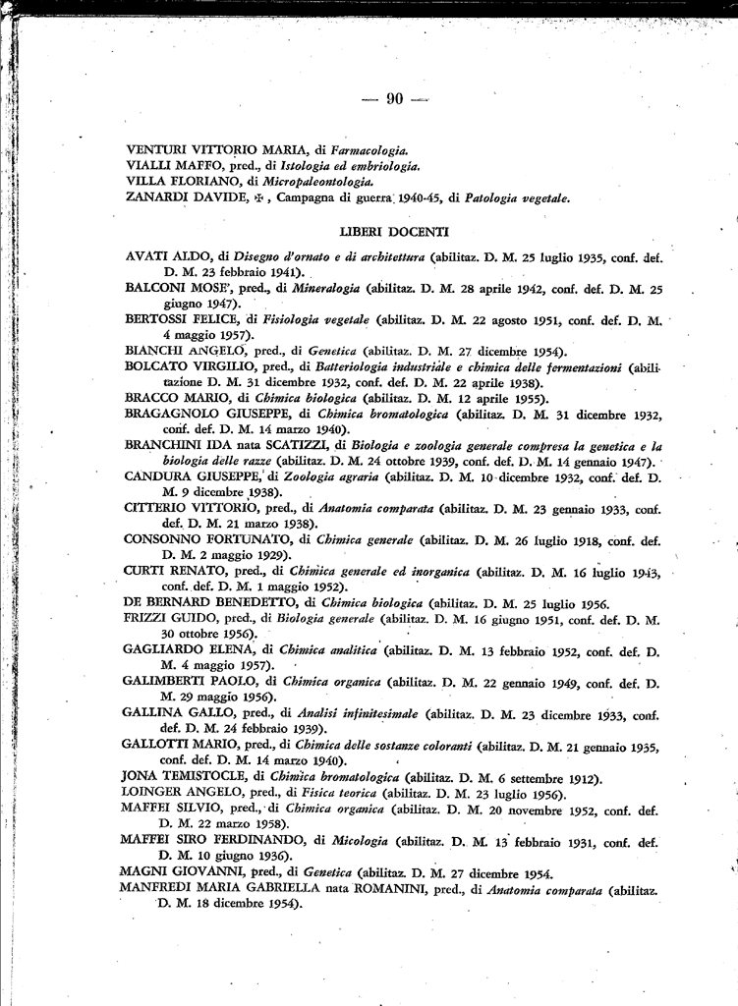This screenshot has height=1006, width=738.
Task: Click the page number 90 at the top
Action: click(395, 97)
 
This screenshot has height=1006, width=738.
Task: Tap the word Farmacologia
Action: click(369, 149)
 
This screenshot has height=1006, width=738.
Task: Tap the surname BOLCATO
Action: click(158, 366)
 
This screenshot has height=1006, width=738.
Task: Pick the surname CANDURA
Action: click(156, 476)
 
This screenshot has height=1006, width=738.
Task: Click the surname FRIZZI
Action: click(146, 619)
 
